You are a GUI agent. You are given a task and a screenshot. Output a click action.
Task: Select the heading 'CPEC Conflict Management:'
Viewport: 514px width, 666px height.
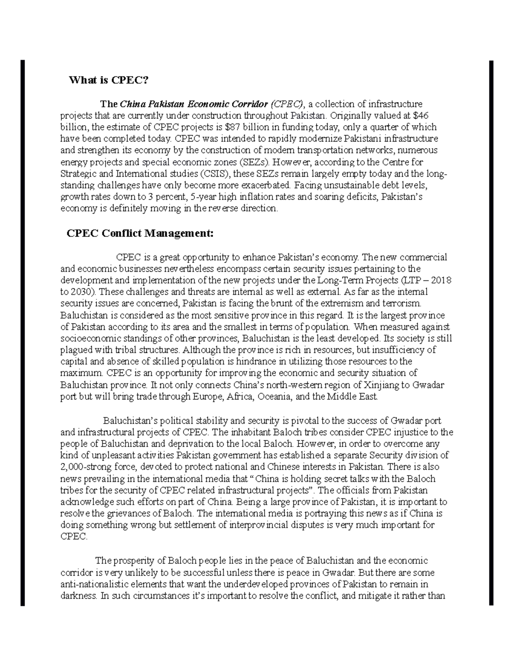pyautogui.click(x=140, y=233)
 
